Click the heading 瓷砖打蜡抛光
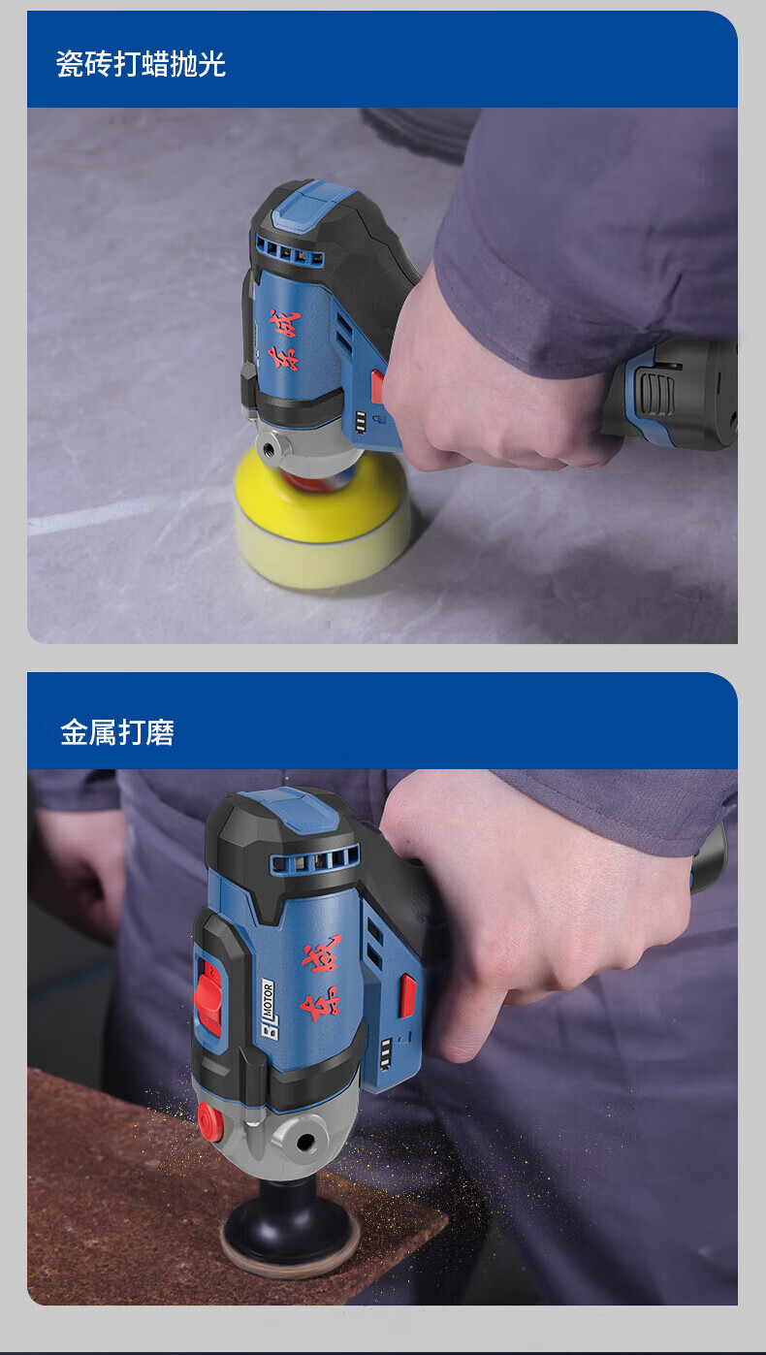141,64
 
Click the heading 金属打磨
117,732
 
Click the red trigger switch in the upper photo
377,386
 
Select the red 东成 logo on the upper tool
284,339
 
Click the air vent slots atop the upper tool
289,251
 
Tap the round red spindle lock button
210,1121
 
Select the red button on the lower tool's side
408,995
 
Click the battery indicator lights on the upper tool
361,422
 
